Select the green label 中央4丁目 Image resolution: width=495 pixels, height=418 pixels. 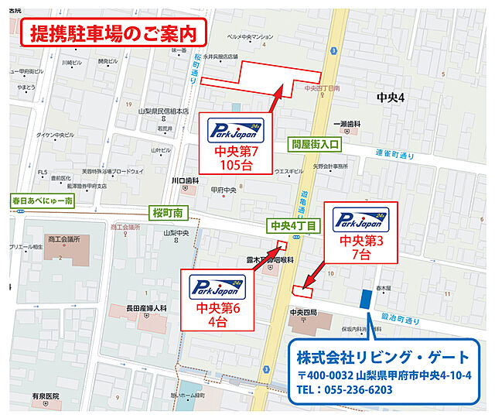292,226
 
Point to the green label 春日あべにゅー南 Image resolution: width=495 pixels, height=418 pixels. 42,200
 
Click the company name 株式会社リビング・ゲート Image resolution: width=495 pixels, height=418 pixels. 383,358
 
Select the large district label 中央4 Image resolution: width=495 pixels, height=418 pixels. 391,98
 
